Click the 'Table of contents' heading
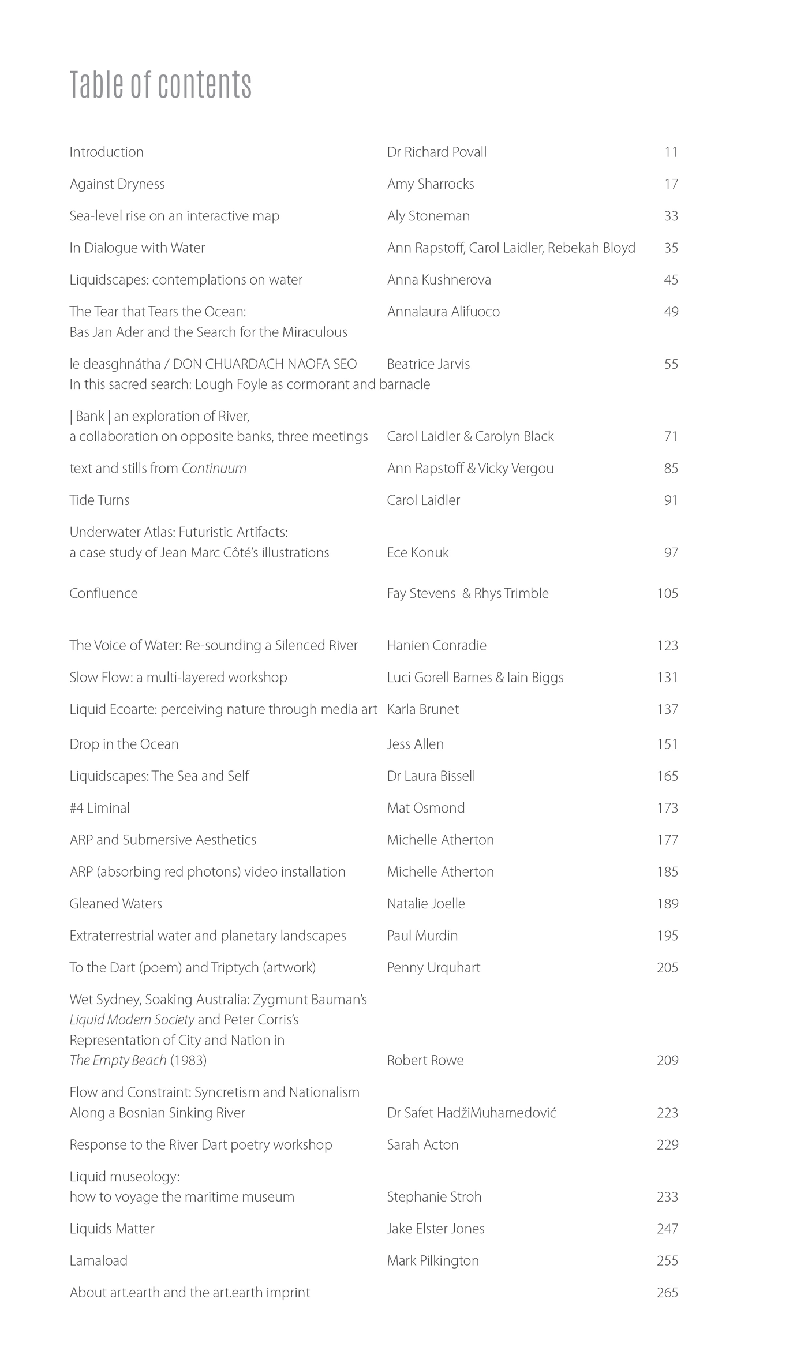(160, 84)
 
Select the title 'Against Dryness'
(117, 184)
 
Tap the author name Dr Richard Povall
(437, 152)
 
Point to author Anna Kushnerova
(439, 280)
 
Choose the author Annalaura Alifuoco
(443, 312)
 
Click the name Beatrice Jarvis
(428, 364)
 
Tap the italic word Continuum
(214, 469)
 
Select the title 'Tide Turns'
(99, 500)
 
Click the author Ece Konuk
(418, 553)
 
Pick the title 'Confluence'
(103, 593)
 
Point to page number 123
(667, 645)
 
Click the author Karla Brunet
(423, 709)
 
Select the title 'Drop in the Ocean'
(124, 744)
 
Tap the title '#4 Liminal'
(99, 808)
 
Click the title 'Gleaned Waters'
(115, 904)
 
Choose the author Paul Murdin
(422, 936)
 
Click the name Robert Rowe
(425, 1060)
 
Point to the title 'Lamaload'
(98, 1260)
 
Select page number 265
(667, 1292)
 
